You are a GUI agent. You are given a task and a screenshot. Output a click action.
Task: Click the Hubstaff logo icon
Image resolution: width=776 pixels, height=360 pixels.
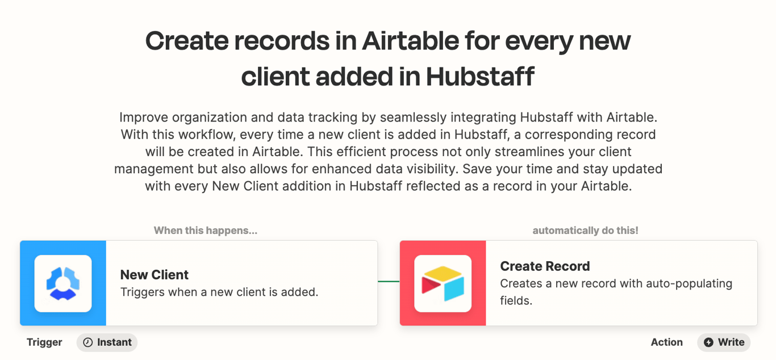tap(63, 283)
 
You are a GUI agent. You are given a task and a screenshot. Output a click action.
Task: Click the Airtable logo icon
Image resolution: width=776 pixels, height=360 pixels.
tap(443, 283)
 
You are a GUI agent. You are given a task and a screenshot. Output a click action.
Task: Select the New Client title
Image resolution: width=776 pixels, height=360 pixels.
tap(155, 275)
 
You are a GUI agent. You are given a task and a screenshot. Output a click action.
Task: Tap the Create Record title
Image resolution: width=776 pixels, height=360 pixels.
tap(545, 266)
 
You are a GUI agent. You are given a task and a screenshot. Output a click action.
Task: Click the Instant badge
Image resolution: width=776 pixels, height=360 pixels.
tap(107, 342)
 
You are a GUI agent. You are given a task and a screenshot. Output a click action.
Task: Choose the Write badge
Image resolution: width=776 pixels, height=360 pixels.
tap(724, 342)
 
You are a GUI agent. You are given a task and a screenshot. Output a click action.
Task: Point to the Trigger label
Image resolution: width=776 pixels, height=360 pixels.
tap(44, 342)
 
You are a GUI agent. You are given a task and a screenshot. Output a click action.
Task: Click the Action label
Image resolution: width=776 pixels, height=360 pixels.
tap(666, 342)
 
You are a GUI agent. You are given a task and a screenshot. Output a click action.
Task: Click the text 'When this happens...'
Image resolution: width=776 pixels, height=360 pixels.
tap(206, 231)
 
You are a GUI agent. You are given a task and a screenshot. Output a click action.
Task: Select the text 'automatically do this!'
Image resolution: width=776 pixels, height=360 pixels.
tap(585, 231)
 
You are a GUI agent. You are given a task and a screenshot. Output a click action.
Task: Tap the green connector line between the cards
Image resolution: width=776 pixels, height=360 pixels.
tap(389, 282)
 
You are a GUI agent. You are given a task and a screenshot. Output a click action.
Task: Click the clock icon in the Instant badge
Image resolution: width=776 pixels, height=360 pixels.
tap(88, 342)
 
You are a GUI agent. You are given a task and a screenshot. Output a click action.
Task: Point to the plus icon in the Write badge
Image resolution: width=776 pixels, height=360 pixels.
tap(708, 342)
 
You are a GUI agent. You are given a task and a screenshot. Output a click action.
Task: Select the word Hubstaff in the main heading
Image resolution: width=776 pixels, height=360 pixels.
tap(480, 77)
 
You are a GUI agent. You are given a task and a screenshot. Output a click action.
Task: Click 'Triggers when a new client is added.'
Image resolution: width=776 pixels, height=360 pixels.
tap(219, 292)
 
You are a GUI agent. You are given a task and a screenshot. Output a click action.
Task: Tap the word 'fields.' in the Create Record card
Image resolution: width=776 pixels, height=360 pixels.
tap(516, 301)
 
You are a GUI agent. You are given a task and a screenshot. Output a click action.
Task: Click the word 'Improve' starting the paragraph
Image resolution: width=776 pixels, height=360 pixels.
tap(144, 118)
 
